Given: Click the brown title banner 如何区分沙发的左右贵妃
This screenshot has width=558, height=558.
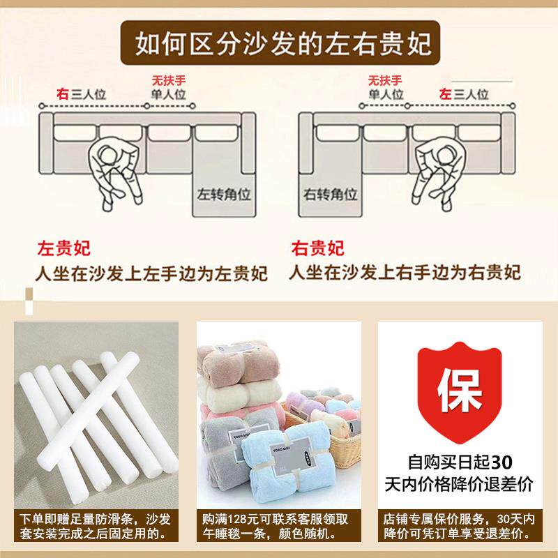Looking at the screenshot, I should [279, 44].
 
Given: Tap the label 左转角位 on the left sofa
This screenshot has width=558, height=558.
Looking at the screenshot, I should [218, 193].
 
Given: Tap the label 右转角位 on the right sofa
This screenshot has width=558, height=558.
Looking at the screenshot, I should [330, 193].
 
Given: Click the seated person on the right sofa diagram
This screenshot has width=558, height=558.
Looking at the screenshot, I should [437, 171].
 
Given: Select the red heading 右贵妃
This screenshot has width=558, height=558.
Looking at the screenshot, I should [317, 248].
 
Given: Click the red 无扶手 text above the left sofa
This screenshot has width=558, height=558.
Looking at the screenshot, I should [169, 80].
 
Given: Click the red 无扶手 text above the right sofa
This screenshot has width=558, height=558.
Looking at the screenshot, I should [386, 80].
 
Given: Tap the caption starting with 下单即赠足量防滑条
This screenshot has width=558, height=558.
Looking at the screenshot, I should [97, 527].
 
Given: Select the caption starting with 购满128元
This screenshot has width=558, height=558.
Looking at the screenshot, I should [278, 527].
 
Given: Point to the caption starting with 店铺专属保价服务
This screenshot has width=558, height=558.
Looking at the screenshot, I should [460, 527].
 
